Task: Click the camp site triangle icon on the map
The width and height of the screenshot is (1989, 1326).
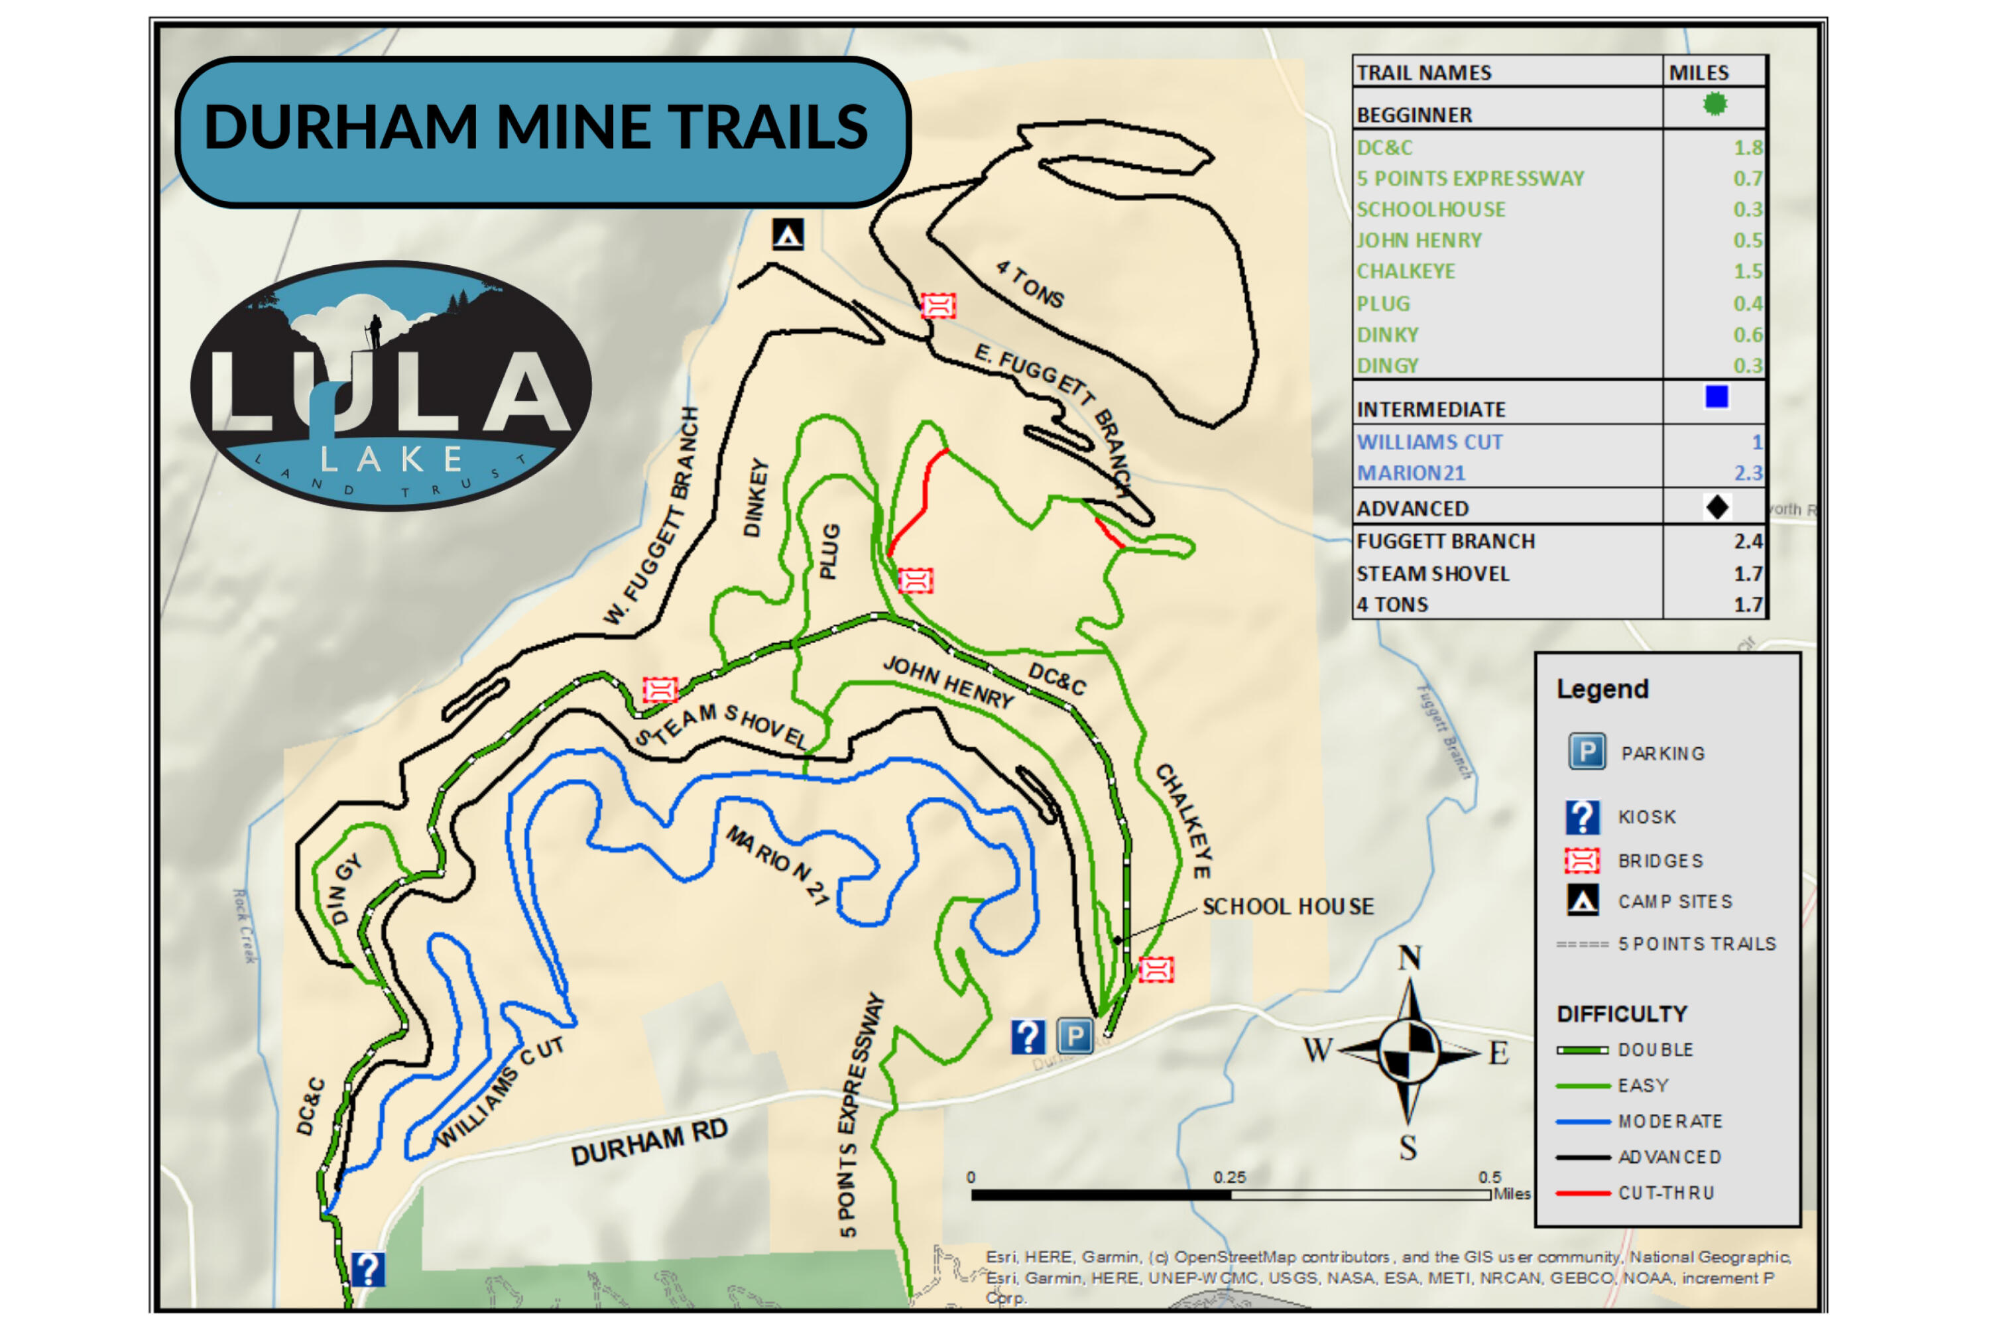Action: pos(788,234)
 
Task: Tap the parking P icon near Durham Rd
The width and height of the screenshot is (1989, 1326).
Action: pos(1075,1036)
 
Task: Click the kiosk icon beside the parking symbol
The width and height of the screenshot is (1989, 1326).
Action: pos(1028,1036)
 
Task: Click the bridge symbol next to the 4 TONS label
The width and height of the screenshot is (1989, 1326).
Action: pos(938,305)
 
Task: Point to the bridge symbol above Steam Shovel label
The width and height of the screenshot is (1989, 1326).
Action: pos(660,690)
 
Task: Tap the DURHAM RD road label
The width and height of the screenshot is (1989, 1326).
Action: pos(648,1142)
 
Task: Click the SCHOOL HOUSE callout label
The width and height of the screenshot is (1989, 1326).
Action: pos(1287,906)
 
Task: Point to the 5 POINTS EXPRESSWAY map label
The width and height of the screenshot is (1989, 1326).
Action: pos(859,1116)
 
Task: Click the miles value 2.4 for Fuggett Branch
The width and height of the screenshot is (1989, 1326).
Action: pos(1747,541)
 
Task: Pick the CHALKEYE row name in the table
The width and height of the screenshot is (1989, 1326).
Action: pos(1406,271)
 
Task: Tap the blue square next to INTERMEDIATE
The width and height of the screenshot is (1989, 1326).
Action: pos(1716,396)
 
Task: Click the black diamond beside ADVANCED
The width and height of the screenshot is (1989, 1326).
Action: pos(1717,507)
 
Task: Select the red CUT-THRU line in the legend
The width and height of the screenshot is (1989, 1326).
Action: pos(1582,1193)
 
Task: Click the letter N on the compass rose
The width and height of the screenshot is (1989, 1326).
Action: pos(1409,958)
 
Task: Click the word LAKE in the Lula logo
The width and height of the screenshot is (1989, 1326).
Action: pos(391,459)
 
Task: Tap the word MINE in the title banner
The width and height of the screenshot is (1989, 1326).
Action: pos(574,127)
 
